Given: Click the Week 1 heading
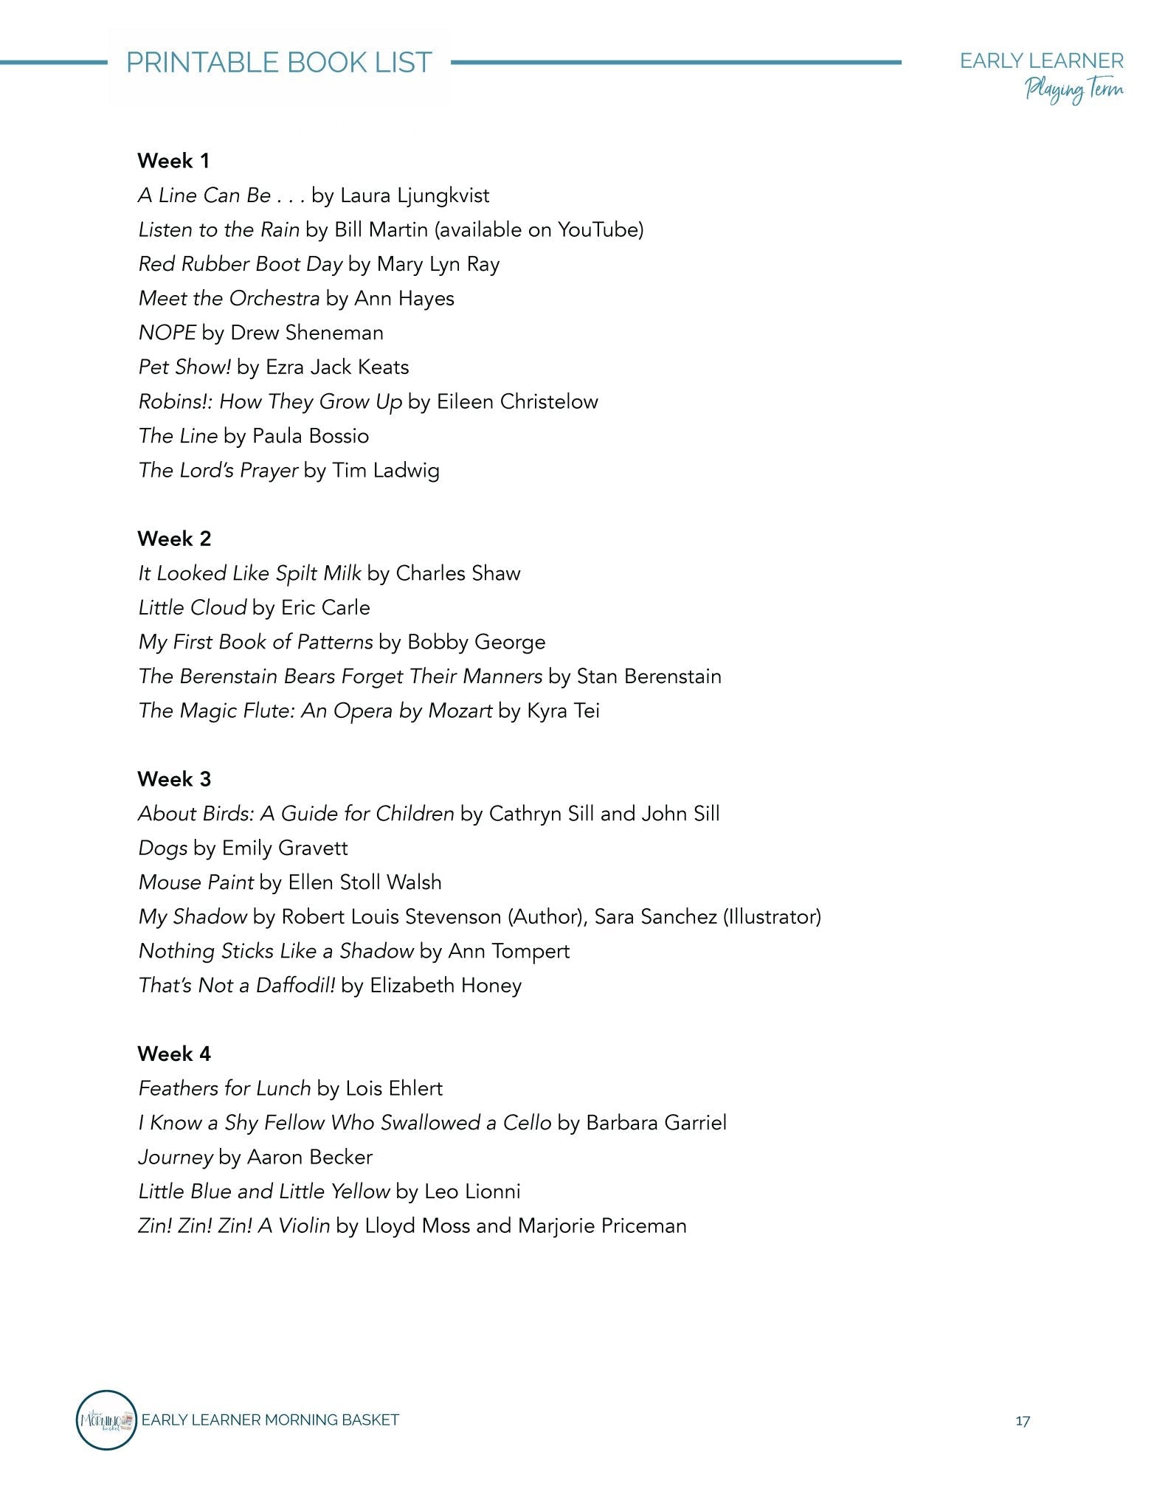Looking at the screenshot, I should [173, 161].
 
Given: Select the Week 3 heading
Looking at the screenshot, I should [173, 779].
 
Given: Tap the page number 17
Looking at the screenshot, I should [1022, 1421].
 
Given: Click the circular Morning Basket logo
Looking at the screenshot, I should [106, 1420].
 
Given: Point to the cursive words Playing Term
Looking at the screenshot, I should [1074, 91].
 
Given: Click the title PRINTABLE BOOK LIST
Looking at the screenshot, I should [279, 63].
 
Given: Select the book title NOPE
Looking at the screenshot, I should [167, 333].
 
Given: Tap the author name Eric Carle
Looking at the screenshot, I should [325, 608].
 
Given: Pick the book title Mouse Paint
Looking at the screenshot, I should [196, 882].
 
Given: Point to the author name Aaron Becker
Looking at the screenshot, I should [310, 1157].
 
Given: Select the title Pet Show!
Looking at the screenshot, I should [184, 367].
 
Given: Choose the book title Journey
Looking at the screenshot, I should [176, 1157].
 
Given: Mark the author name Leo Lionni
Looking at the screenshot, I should [472, 1192].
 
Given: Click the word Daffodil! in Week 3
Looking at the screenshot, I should [295, 986].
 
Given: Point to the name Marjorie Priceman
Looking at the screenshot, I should [602, 1226].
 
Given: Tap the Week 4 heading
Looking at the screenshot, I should [173, 1054].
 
